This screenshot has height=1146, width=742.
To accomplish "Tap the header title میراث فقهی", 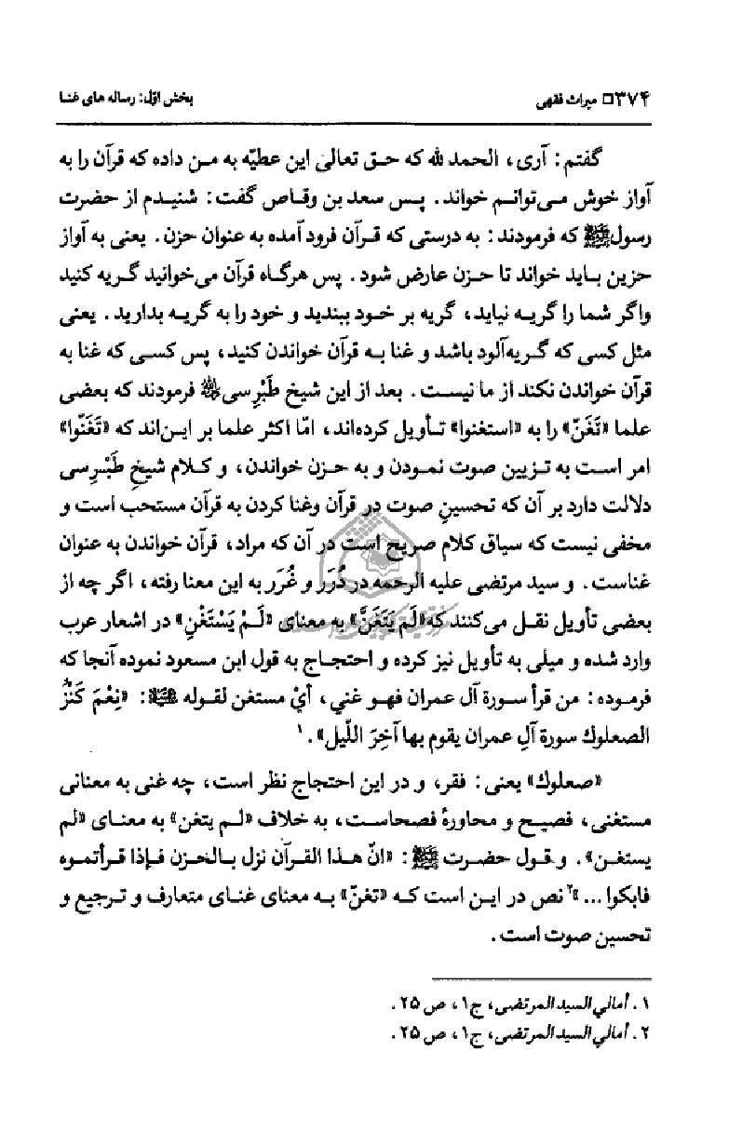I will point(610,97).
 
